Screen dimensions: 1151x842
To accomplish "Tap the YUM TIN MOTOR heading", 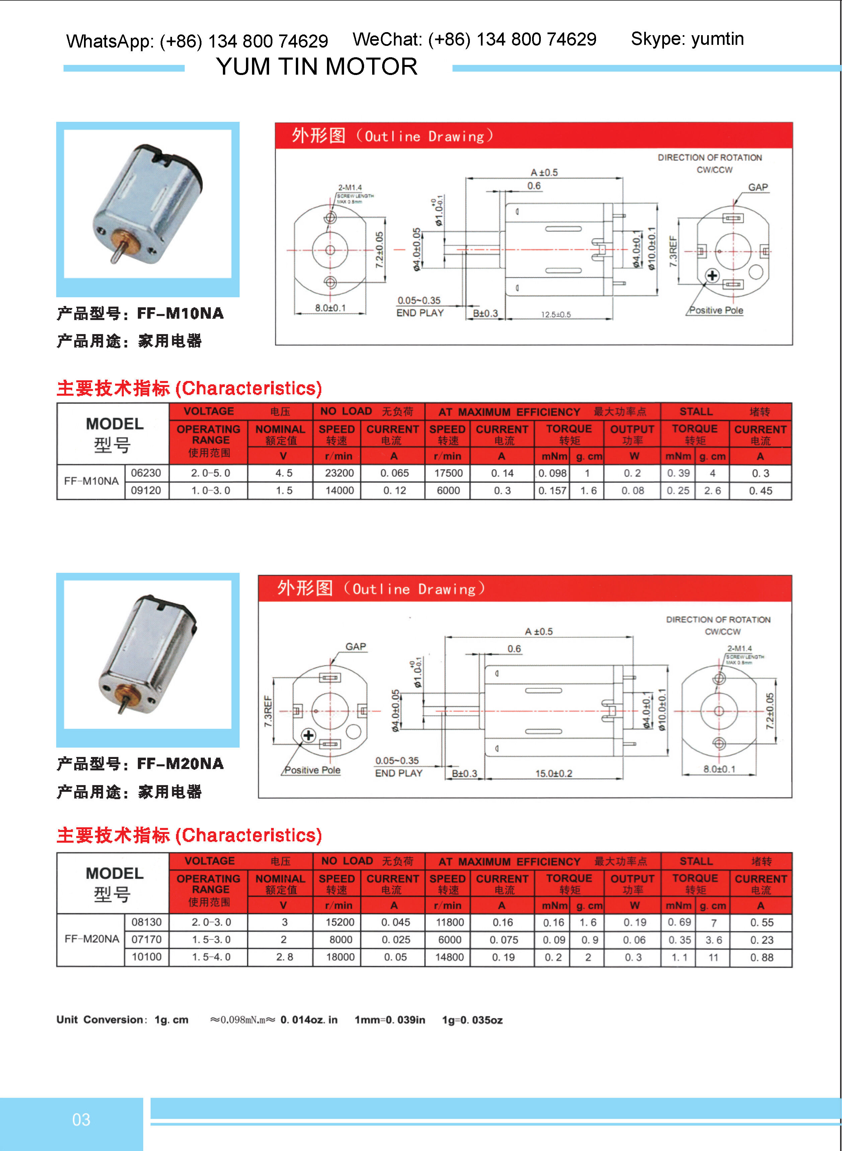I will [317, 67].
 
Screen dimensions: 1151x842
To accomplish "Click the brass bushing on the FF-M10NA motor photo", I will [126, 242].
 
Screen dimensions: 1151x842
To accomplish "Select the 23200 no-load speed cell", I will [339, 473].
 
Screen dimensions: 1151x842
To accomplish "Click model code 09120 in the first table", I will [146, 490].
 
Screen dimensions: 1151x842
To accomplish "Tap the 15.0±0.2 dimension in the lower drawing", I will [554, 773].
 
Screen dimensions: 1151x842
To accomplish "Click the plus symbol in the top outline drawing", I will [712, 276].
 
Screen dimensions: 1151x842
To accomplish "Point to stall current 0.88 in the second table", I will [761, 957].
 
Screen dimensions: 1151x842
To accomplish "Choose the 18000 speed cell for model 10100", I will [340, 957].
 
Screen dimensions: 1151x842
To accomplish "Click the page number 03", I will [81, 1120].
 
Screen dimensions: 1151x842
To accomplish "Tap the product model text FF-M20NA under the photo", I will [180, 764].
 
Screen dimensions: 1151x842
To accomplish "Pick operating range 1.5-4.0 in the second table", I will [211, 957].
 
